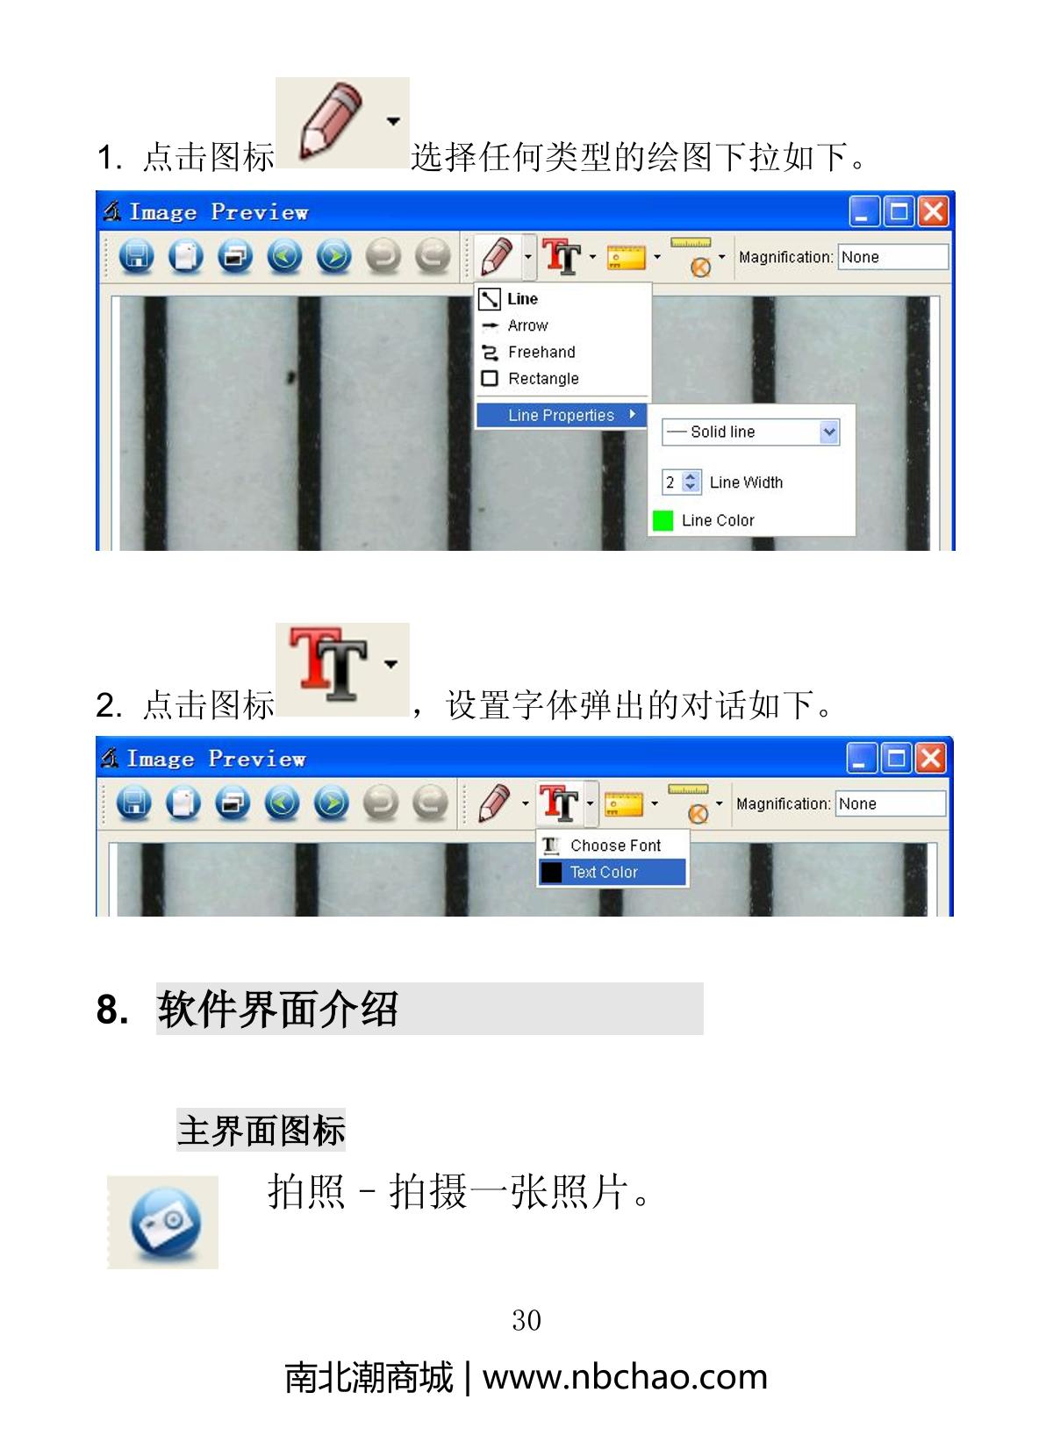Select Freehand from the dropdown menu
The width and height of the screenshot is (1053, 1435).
pyautogui.click(x=528, y=352)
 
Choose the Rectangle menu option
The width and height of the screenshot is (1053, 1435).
pyautogui.click(x=530, y=379)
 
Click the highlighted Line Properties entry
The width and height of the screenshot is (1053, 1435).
pyautogui.click(x=561, y=415)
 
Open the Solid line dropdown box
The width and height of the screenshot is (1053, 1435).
pyautogui.click(x=750, y=432)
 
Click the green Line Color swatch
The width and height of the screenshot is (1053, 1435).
pyautogui.click(x=663, y=520)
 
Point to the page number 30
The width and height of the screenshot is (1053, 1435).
pyautogui.click(x=526, y=1320)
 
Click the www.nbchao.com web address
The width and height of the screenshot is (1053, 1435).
pyautogui.click(x=625, y=1377)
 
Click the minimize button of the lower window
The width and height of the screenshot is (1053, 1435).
pyautogui.click(x=861, y=759)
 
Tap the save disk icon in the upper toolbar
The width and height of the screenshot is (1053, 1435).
pyautogui.click(x=137, y=257)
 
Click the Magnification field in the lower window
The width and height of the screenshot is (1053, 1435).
pyautogui.click(x=890, y=803)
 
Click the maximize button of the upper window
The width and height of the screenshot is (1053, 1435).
pyautogui.click(x=899, y=211)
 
